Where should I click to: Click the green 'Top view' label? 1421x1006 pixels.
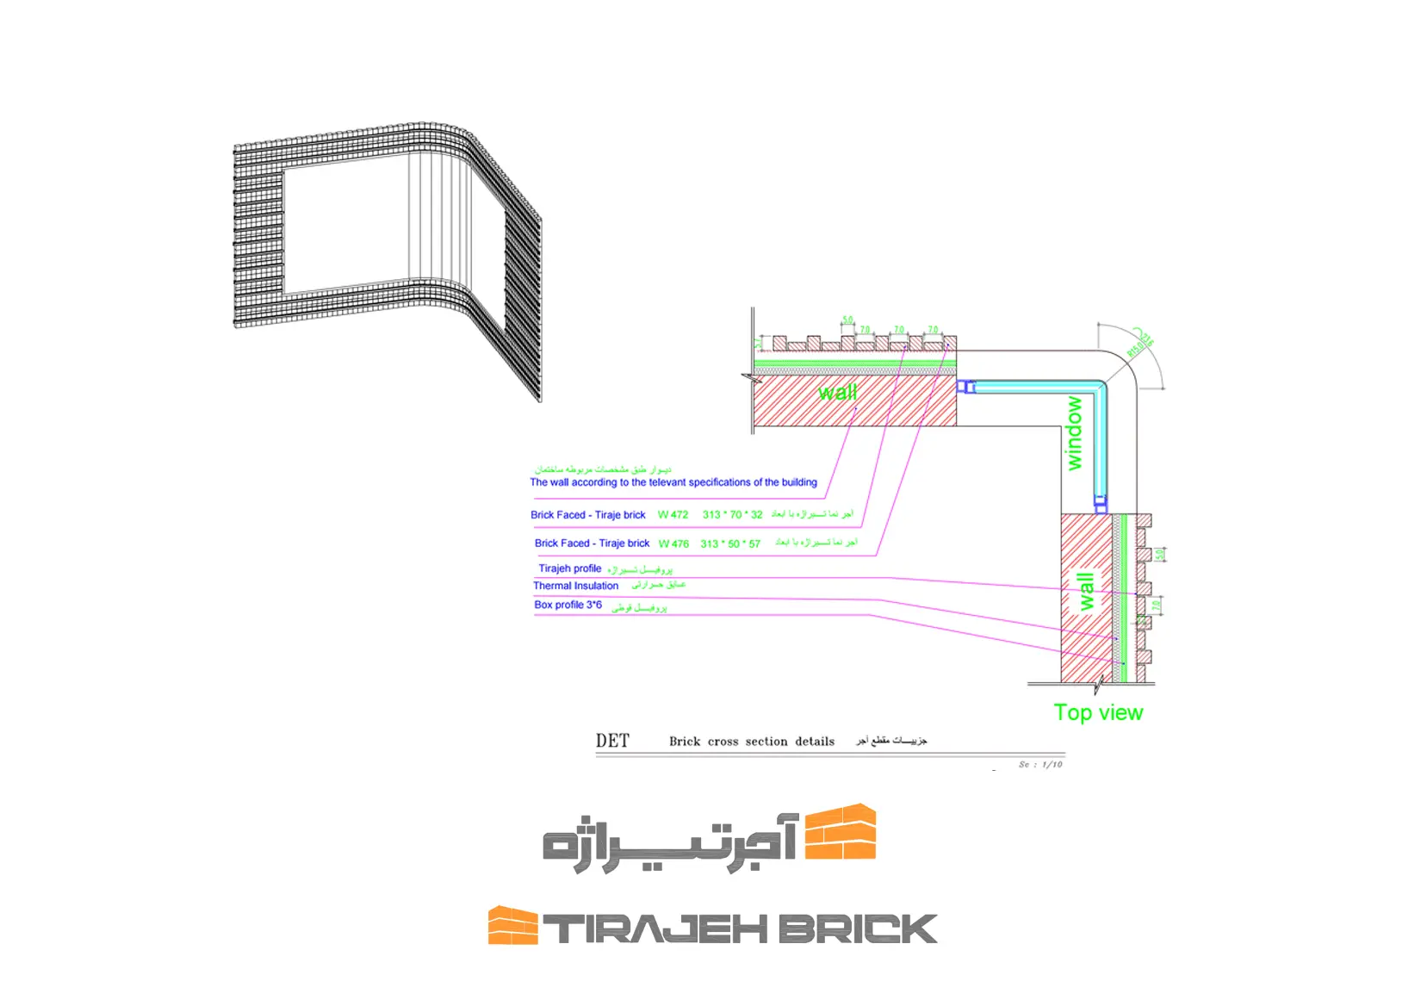pyautogui.click(x=1098, y=712)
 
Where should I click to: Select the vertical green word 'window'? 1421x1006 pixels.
pyautogui.click(x=1074, y=433)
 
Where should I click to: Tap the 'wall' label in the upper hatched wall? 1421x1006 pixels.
pyautogui.click(x=837, y=393)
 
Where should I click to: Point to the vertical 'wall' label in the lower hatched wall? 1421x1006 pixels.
pyautogui.click(x=1087, y=591)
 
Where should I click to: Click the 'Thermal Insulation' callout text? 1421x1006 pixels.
pyautogui.click(x=575, y=586)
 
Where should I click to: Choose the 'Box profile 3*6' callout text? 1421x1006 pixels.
pyautogui.click(x=568, y=605)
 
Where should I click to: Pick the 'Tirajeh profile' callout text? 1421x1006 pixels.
pyautogui.click(x=569, y=568)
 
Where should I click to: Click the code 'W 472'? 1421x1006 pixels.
pyautogui.click(x=673, y=515)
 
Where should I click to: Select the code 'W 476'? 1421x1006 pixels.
pyautogui.click(x=673, y=543)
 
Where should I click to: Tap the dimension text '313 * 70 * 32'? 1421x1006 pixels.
pyautogui.click(x=732, y=515)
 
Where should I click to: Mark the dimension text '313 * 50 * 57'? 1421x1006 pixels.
pyautogui.click(x=730, y=543)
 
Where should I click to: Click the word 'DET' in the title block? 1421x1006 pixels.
pyautogui.click(x=612, y=741)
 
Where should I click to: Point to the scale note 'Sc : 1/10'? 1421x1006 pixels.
pyautogui.click(x=1040, y=764)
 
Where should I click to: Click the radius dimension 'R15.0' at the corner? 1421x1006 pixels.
pyautogui.click(x=1135, y=349)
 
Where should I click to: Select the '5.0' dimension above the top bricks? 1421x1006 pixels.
pyautogui.click(x=847, y=320)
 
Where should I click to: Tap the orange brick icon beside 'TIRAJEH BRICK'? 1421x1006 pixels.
pyautogui.click(x=512, y=925)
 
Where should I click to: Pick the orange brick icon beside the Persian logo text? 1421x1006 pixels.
pyautogui.click(x=840, y=832)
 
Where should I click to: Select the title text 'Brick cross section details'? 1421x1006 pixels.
pyautogui.click(x=751, y=742)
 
